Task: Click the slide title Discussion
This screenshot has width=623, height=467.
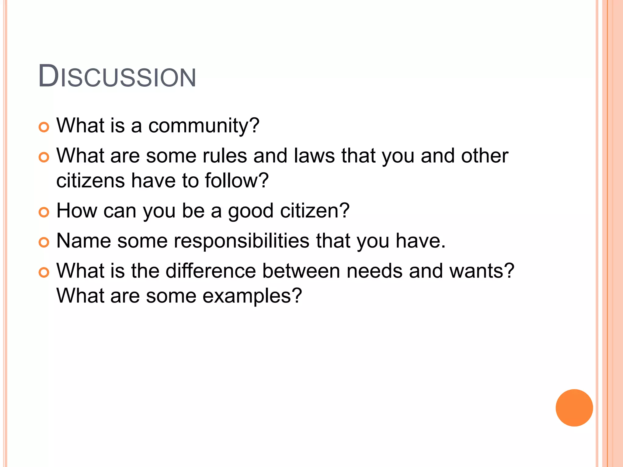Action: tap(117, 76)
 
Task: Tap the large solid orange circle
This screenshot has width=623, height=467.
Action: tap(574, 408)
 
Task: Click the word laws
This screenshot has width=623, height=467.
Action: tap(314, 156)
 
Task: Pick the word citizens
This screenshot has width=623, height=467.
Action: tap(91, 181)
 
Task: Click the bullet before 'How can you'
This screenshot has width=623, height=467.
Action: tap(44, 212)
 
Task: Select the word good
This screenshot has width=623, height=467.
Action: tap(251, 211)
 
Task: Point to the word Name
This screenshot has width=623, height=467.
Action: tap(84, 241)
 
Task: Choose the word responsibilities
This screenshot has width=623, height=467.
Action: tap(242, 241)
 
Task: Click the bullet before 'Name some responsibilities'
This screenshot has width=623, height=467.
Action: tap(44, 242)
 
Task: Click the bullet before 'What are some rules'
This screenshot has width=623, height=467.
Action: tap(44, 157)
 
